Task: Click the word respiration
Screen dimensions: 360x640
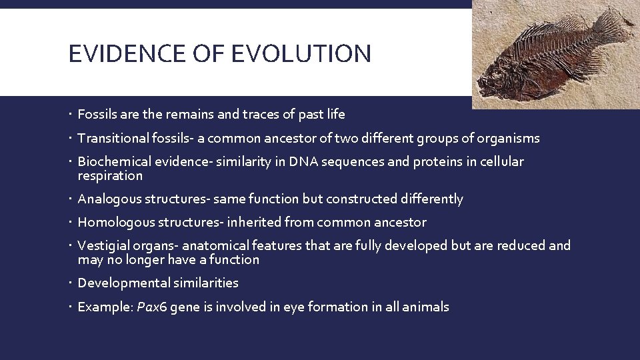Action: pos(110,176)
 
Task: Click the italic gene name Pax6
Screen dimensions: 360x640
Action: pos(151,307)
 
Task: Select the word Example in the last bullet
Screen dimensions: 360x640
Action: pos(103,307)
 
